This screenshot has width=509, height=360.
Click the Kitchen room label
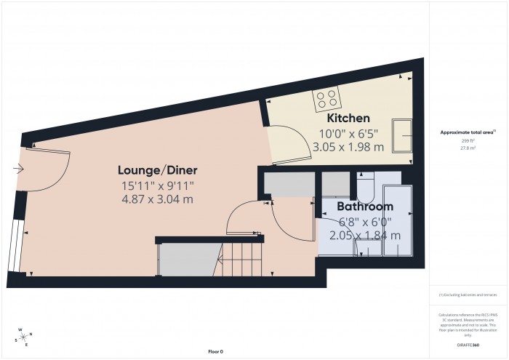coord(348,118)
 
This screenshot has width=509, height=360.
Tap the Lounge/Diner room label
coord(158,170)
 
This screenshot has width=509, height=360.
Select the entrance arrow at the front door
coord(17,169)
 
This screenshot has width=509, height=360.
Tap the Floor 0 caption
coord(216,352)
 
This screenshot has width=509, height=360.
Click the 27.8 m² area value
coord(468,148)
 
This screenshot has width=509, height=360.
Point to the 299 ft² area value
coord(468,141)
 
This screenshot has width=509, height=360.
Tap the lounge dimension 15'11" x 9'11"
coord(157,185)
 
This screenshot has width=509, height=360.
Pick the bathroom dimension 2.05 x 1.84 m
coord(365,236)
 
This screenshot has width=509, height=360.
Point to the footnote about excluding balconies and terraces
coord(468,295)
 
